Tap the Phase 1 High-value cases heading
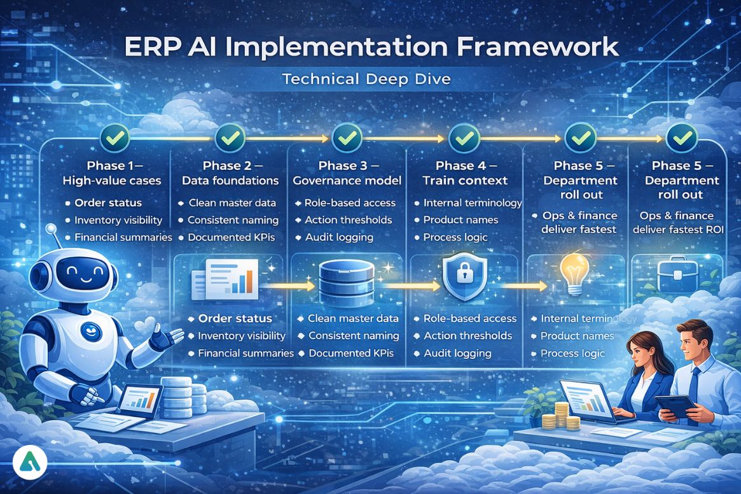click(x=111, y=173)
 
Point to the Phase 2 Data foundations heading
click(x=230, y=173)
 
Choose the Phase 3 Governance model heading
click(x=347, y=173)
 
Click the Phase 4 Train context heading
click(x=465, y=173)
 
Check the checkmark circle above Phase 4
click(x=465, y=136)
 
